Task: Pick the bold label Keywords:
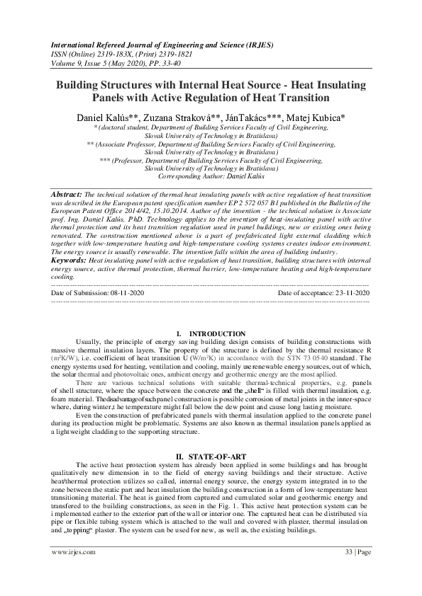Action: [x=71, y=260]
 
